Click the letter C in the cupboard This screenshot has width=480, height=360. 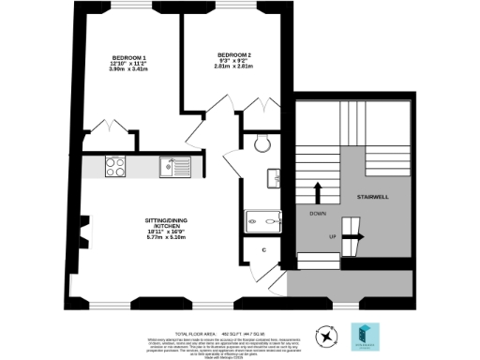[263, 250]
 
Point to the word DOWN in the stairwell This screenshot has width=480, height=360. [318, 215]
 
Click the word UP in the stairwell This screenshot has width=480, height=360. [332, 236]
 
